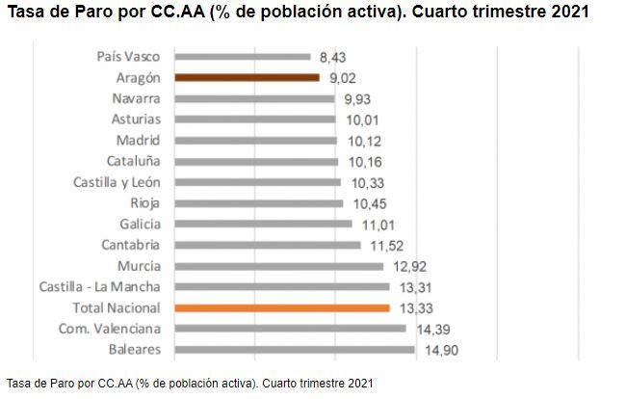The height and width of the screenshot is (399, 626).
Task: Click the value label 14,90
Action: tap(441, 351)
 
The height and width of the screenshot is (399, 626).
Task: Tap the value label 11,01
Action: tap(377, 225)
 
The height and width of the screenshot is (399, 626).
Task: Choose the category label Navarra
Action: tap(136, 98)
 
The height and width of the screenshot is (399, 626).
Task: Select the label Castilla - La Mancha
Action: tap(100, 287)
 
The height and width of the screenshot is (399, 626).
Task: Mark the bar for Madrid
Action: tap(256, 141)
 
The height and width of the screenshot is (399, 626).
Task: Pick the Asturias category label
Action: tap(136, 120)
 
